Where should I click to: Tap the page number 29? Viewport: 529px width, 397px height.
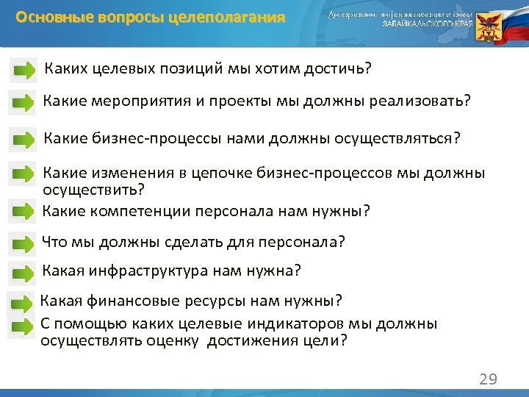(488, 379)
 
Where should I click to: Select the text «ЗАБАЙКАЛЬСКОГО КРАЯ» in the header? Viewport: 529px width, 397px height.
(426, 24)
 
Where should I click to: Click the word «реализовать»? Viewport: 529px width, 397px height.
(415, 101)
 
